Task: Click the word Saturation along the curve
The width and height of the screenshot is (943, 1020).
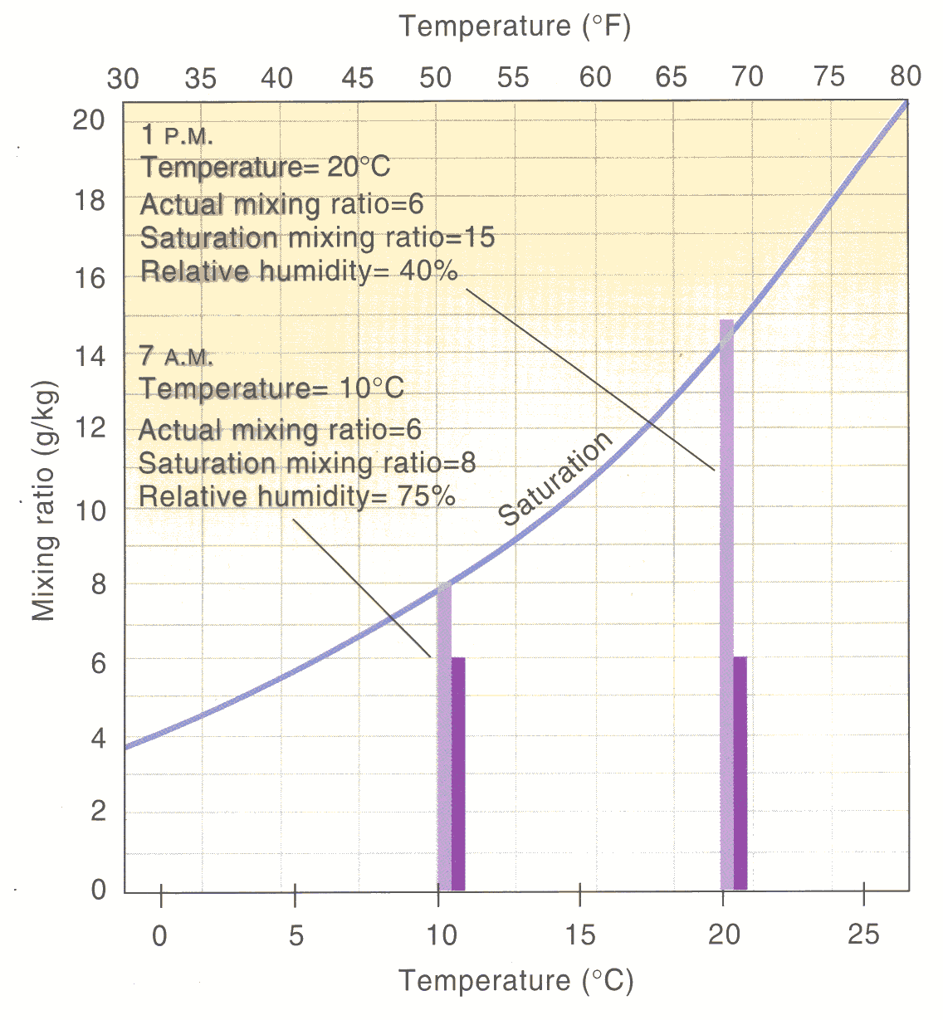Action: (x=555, y=481)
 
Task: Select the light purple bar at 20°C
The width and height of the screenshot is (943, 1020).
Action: (x=726, y=606)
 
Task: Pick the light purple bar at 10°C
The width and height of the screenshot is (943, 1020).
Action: (x=444, y=739)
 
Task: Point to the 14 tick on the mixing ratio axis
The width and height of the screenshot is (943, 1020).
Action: (x=90, y=356)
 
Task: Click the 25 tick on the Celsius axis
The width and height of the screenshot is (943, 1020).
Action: (x=863, y=935)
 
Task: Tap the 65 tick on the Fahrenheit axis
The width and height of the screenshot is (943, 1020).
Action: (x=671, y=77)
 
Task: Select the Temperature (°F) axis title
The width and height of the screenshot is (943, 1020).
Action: (x=515, y=27)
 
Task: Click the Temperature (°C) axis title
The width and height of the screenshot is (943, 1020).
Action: (x=515, y=981)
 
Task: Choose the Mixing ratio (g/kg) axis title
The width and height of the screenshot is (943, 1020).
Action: (x=43, y=501)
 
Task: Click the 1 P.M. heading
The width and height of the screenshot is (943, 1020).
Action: (x=177, y=135)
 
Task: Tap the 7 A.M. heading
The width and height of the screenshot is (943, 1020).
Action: (x=177, y=357)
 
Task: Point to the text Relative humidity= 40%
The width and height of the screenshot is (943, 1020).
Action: (x=299, y=271)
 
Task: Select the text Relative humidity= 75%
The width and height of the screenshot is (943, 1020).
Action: (x=297, y=496)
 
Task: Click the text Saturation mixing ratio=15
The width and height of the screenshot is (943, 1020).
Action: (x=317, y=238)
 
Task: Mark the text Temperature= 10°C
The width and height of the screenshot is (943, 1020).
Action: (x=271, y=388)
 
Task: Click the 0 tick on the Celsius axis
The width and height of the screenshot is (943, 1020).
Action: (x=159, y=935)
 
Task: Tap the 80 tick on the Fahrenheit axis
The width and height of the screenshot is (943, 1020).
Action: (x=906, y=76)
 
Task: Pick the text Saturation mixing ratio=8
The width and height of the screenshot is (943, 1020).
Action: (x=307, y=462)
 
